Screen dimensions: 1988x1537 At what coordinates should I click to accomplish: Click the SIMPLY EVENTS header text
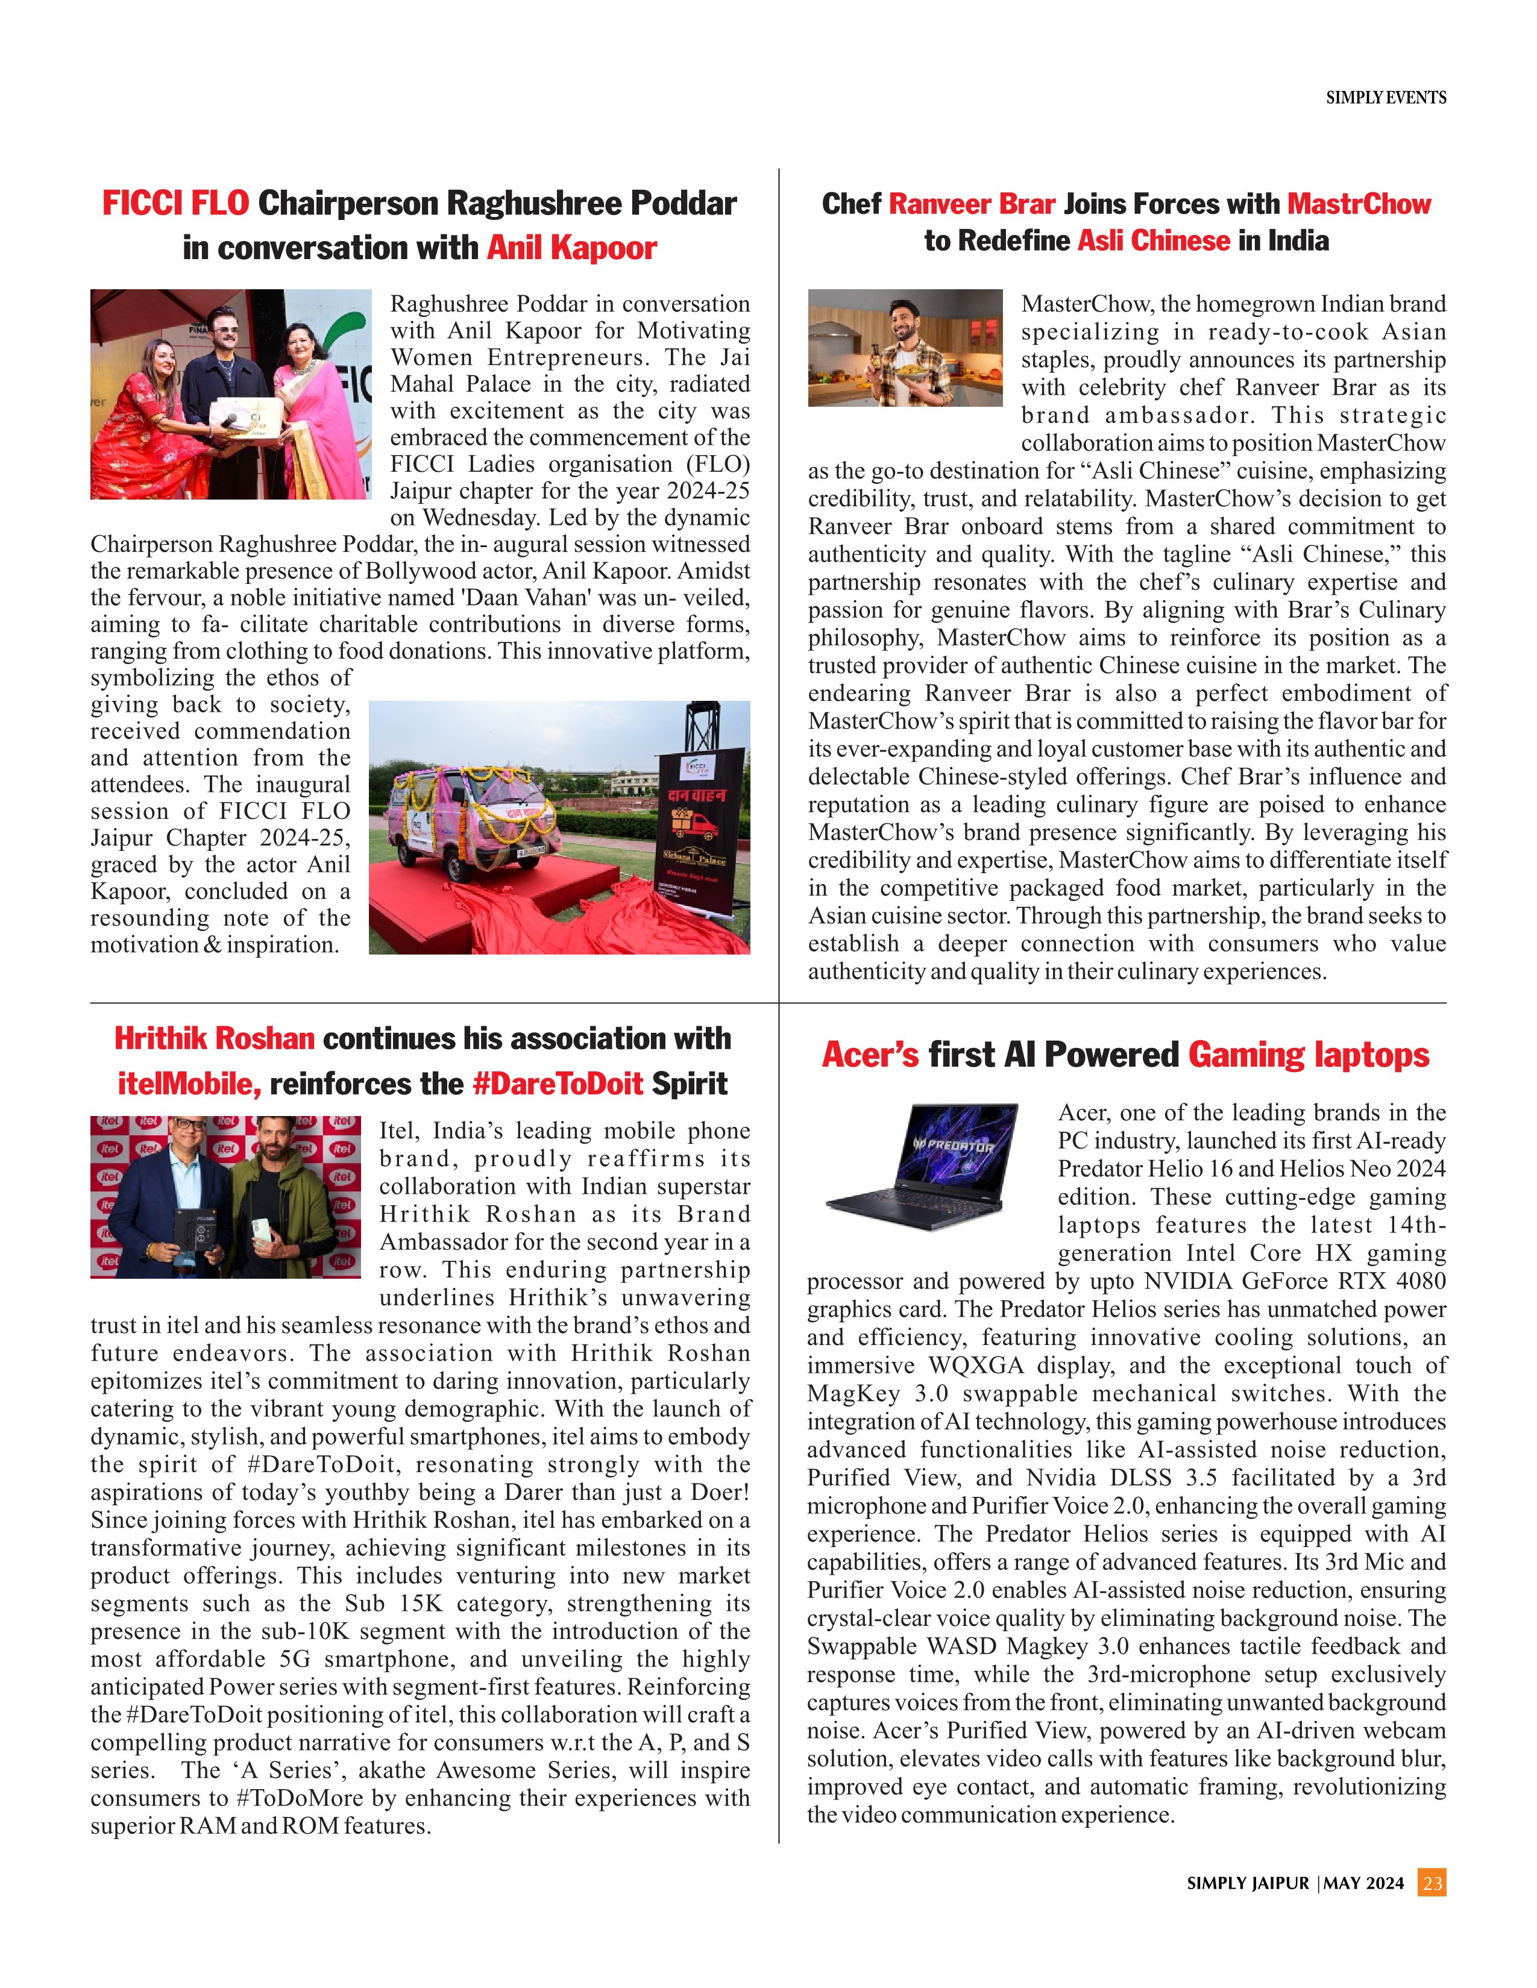point(1385,98)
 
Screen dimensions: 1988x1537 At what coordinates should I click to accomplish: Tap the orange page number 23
point(1432,1883)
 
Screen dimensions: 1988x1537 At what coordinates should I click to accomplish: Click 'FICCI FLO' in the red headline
point(175,203)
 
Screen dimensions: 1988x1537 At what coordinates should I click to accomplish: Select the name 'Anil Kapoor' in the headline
point(572,248)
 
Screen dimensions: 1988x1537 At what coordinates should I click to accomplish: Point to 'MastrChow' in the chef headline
point(1359,204)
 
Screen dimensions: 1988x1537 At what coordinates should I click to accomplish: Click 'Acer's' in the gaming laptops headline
point(870,1055)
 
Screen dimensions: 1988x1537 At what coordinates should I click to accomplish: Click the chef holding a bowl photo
point(905,348)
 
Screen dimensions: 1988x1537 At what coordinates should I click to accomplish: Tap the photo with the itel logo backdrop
point(225,1196)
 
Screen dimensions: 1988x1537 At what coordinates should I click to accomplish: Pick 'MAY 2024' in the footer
point(1364,1883)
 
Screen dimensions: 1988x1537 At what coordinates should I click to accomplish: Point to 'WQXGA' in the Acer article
point(975,1366)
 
